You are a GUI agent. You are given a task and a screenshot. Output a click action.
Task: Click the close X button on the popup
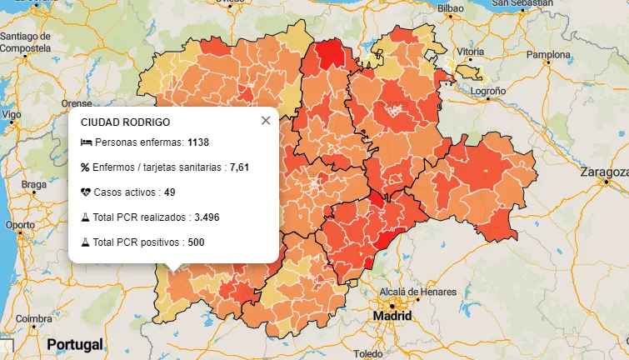pyautogui.click(x=266, y=121)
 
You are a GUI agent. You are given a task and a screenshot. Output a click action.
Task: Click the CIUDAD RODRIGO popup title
pyautogui.click(x=125, y=122)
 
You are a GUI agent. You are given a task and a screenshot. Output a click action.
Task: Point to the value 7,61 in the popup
pyautogui.click(x=240, y=167)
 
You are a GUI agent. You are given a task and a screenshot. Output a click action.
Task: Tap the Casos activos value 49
pyautogui.click(x=169, y=192)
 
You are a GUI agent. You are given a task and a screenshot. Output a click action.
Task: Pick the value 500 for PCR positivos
pyautogui.click(x=196, y=242)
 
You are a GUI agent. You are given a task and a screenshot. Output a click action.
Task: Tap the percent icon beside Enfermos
pyautogui.click(x=85, y=167)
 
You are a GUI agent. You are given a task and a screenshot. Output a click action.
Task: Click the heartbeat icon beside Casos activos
pyautogui.click(x=85, y=192)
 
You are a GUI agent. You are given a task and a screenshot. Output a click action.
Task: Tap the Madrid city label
pyautogui.click(x=392, y=317)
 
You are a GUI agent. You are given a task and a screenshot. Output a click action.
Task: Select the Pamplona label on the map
pyautogui.click(x=547, y=56)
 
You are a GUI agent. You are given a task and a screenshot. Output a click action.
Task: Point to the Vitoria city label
pyautogui.click(x=470, y=52)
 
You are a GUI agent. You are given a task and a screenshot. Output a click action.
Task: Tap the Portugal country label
pyautogui.click(x=75, y=344)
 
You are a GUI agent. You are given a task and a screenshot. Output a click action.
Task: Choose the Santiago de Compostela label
pyautogui.click(x=31, y=42)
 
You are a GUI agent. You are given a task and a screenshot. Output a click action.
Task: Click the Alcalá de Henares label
pyautogui.click(x=417, y=292)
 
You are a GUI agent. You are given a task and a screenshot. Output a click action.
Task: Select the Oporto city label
pyautogui.click(x=20, y=225)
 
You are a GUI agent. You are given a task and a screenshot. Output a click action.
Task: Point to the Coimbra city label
pyautogui.click(x=34, y=318)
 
